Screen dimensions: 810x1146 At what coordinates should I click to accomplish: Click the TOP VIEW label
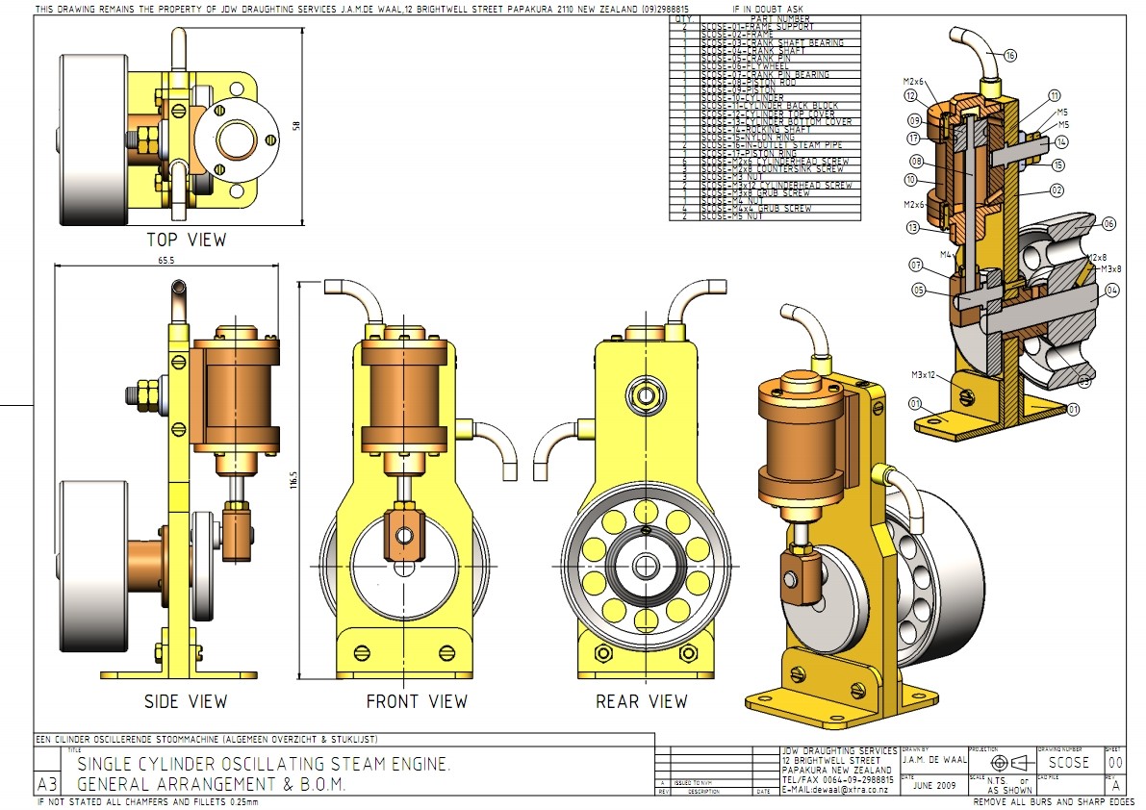(x=186, y=240)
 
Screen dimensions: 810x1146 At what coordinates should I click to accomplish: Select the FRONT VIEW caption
(x=417, y=701)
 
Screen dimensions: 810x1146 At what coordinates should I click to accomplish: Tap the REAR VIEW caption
(x=641, y=701)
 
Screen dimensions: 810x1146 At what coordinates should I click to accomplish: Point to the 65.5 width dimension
(x=166, y=260)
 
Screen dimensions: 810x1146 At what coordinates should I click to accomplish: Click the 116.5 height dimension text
(x=295, y=480)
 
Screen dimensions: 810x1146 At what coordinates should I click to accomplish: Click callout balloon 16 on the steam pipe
(x=1009, y=55)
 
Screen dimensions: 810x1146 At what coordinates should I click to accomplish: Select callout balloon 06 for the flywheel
(x=1108, y=223)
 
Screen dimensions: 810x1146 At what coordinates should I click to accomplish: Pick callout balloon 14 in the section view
(x=1060, y=142)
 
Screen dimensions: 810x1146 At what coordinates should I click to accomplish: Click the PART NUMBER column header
(x=780, y=18)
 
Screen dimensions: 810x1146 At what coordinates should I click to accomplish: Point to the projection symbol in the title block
(x=1001, y=763)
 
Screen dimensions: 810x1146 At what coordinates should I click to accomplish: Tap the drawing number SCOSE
(x=1069, y=763)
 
